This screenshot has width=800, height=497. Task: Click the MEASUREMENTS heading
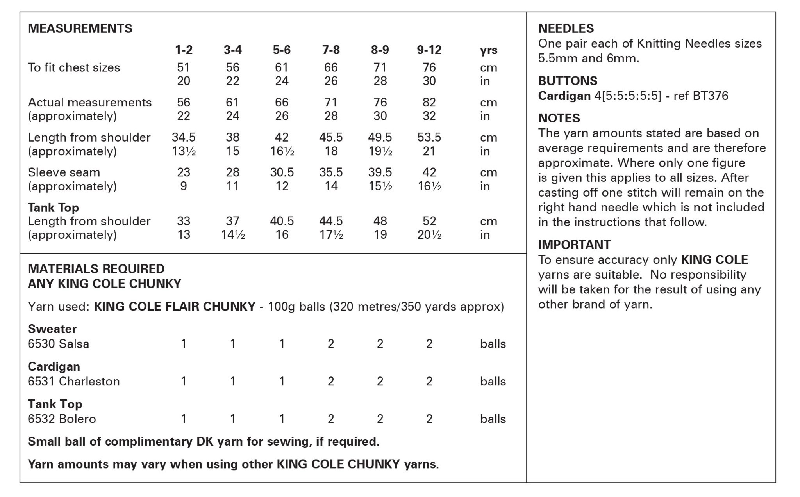click(x=80, y=28)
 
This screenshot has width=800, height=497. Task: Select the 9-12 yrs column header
click(x=429, y=50)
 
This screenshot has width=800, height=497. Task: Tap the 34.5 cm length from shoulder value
click(x=184, y=137)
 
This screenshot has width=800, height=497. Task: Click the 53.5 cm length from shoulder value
click(x=429, y=137)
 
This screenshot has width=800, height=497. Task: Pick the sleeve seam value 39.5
click(x=380, y=172)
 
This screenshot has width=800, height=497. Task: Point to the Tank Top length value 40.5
click(x=282, y=221)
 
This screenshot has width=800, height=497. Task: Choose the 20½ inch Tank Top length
click(x=429, y=235)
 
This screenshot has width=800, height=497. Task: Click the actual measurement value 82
click(x=429, y=102)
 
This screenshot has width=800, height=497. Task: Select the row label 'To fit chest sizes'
click(x=74, y=67)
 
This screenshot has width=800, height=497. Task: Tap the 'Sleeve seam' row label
click(x=64, y=172)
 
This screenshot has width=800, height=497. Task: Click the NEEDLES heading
click(x=566, y=28)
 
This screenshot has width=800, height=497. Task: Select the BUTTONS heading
click(x=568, y=81)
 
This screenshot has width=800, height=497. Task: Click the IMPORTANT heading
click(x=574, y=245)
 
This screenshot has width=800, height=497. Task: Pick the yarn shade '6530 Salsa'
click(x=59, y=344)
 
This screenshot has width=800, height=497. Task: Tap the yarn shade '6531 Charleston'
click(x=74, y=381)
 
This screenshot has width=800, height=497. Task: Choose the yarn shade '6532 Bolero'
click(x=62, y=419)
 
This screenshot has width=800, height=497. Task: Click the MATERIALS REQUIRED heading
click(x=96, y=269)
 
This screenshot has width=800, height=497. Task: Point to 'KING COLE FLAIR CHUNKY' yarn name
click(x=175, y=307)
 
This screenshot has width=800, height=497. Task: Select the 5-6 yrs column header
click(x=282, y=50)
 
